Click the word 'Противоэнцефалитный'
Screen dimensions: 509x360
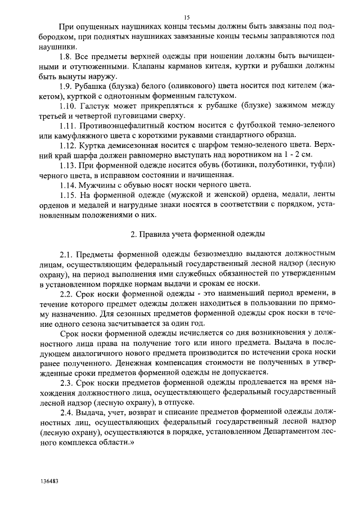click(118, 125)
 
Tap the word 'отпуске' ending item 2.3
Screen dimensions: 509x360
click(179, 403)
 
